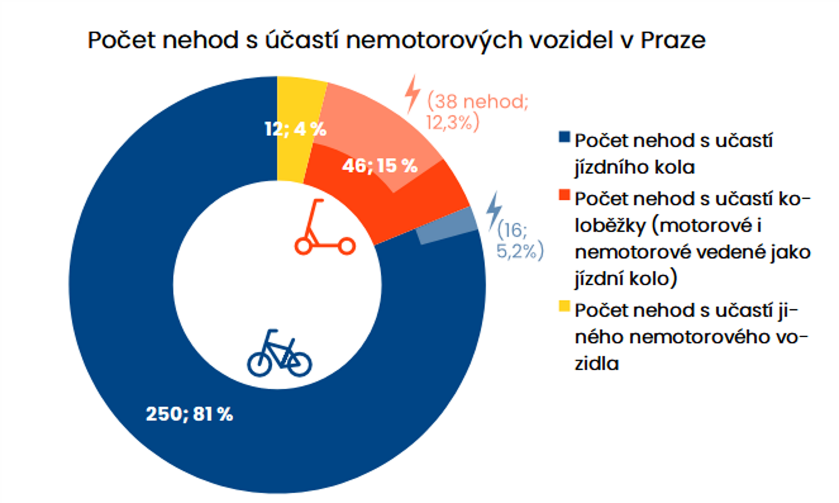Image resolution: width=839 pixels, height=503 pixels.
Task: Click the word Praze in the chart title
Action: (x=674, y=41)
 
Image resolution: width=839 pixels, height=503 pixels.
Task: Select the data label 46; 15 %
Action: (x=380, y=166)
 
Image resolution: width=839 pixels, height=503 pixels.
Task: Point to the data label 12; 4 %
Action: (x=295, y=130)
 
